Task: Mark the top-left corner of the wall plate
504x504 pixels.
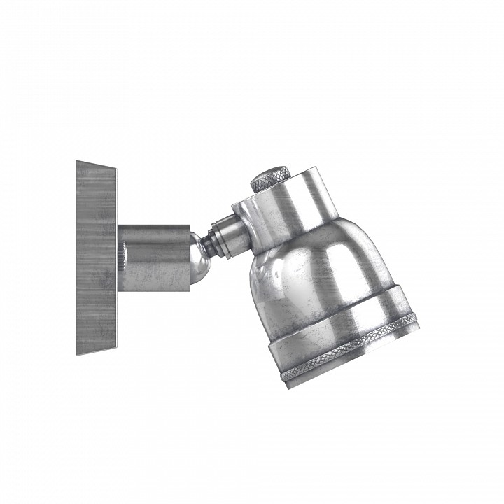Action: point(76,161)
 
